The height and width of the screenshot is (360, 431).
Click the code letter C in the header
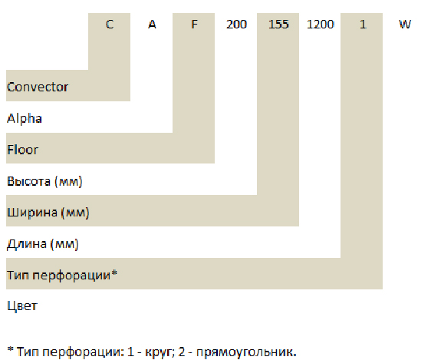tap(110, 25)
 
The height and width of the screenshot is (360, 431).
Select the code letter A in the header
tap(152, 25)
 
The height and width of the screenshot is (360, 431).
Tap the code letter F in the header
tap(194, 25)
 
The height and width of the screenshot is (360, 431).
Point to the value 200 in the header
tap(236, 25)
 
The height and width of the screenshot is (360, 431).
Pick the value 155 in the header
tap(278, 25)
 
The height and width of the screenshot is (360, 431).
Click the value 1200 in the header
tap(321, 25)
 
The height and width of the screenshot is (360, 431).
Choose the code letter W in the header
tap(405, 25)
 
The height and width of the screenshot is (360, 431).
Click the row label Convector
tap(38, 88)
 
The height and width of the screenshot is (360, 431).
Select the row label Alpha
tap(25, 119)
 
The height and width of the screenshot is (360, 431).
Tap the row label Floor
tap(22, 150)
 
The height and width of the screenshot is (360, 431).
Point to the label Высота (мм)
tap(44, 181)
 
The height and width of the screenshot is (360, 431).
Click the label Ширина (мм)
tap(48, 213)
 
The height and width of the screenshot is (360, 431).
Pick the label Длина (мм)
tap(43, 244)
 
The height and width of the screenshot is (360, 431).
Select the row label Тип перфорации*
tap(62, 275)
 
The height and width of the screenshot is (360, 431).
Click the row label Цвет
tap(22, 306)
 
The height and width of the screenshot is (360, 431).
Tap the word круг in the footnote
tap(160, 352)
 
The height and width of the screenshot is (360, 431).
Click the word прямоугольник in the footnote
tap(246, 352)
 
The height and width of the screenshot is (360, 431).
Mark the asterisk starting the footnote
tap(11, 350)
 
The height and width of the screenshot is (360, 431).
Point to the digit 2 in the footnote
tap(182, 352)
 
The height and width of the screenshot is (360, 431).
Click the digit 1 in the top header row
tap(363, 25)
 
